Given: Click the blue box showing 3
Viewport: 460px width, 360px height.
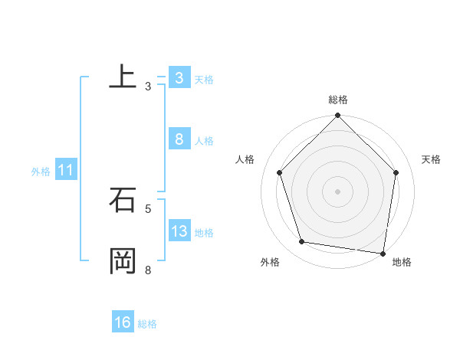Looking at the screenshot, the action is (x=179, y=78).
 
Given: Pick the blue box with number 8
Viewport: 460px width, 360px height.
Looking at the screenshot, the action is (x=179, y=139).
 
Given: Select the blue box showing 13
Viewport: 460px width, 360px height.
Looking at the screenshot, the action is (x=179, y=231).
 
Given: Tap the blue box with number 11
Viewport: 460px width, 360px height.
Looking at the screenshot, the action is (x=66, y=170).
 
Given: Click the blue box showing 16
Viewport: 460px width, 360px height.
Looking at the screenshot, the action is (x=123, y=322).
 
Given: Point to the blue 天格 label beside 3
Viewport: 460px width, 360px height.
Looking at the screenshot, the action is (x=204, y=80).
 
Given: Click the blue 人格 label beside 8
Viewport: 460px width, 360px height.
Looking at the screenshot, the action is (x=204, y=141).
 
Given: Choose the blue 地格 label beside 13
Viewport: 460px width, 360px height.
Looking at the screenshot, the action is (x=204, y=233).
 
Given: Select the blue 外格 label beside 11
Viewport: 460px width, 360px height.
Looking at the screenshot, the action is (x=41, y=172).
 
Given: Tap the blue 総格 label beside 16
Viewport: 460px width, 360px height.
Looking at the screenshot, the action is (x=147, y=324).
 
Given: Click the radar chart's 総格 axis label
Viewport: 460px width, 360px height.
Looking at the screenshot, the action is (x=338, y=100).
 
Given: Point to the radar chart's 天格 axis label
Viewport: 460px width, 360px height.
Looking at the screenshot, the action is (x=432, y=159).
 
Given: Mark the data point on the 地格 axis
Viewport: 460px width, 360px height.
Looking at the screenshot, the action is (x=383, y=253).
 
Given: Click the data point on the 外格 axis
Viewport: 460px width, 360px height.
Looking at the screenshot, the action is (x=302, y=242).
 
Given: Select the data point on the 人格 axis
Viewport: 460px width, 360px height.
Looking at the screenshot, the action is (x=280, y=172).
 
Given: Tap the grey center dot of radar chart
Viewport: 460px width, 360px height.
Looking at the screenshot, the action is (x=338, y=191).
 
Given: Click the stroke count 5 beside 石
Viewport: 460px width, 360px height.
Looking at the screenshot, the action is (x=148, y=208).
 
